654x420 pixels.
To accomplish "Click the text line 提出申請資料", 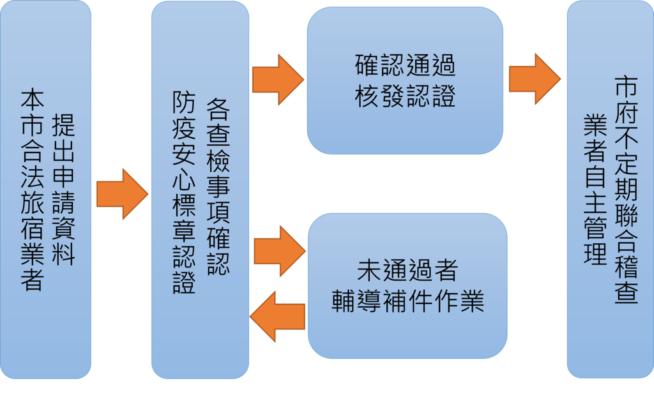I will pyautogui.click(x=63, y=190).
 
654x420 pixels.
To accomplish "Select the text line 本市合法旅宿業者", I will pyautogui.click(x=32, y=190).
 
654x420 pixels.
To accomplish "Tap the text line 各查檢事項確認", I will pyautogui.click(x=218, y=189).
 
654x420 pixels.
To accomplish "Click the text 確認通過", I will pyautogui.click(x=405, y=66).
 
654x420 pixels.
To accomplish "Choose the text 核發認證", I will pyautogui.click(x=405, y=97).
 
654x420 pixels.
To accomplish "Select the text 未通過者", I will pyautogui.click(x=407, y=271).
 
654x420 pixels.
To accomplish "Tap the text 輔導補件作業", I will pyautogui.click(x=407, y=302).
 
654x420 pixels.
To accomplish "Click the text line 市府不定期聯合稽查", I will pyautogui.click(x=626, y=190).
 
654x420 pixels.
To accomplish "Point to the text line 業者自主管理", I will pyautogui.click(x=595, y=190).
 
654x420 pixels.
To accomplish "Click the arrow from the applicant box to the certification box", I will pyautogui.click(x=122, y=194).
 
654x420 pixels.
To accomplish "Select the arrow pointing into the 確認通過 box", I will pyautogui.click(x=278, y=79).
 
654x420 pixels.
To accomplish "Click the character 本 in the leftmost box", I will pyautogui.click(x=32, y=101).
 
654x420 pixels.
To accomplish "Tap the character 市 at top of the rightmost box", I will pyautogui.click(x=626, y=87).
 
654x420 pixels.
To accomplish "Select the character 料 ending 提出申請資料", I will pyautogui.click(x=63, y=253).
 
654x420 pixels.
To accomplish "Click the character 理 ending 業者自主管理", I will pyautogui.click(x=595, y=253).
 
